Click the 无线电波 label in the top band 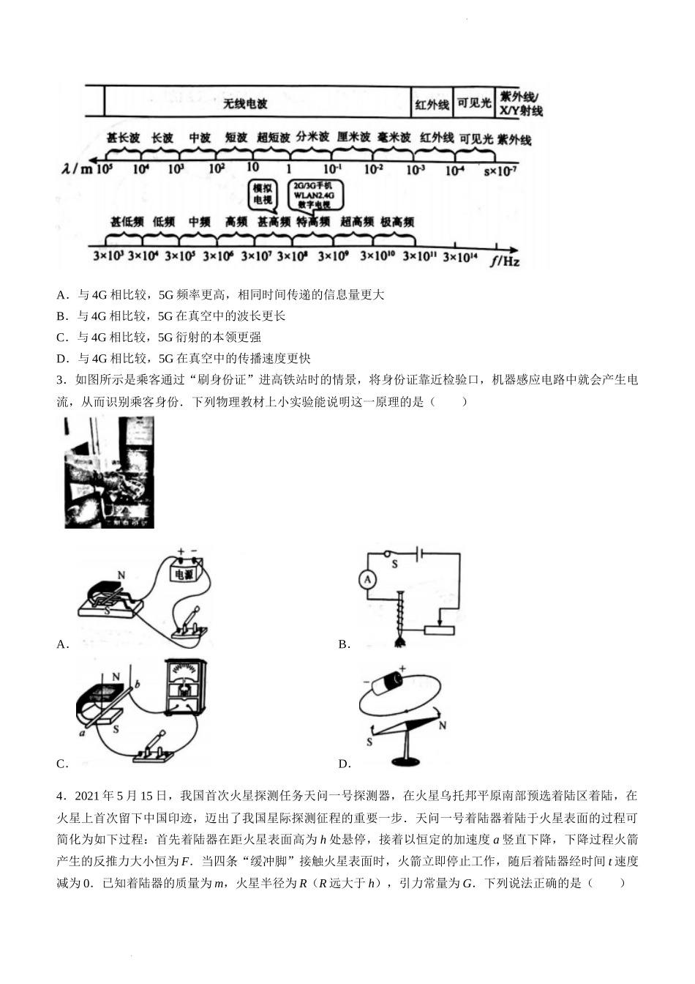tap(245, 104)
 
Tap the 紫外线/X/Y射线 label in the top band tap(520, 103)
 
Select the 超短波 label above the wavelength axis tap(274, 138)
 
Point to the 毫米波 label tap(394, 138)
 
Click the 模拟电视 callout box tap(262, 194)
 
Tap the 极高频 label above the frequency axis tap(397, 221)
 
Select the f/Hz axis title tap(505, 259)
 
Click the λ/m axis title tap(78, 169)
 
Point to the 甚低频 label tap(127, 221)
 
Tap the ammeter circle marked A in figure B tap(368, 580)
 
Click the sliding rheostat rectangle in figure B tap(439, 630)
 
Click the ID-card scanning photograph tap(109, 472)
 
